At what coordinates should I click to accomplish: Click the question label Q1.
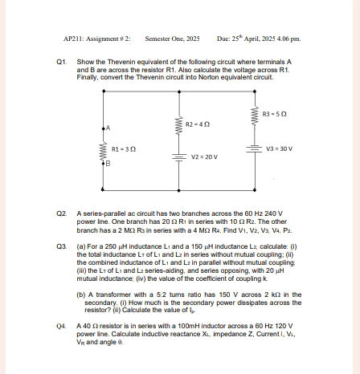pyautogui.click(x=62, y=61)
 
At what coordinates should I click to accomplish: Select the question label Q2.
pyautogui.click(x=62, y=206)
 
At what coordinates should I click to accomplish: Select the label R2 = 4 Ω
pyautogui.click(x=197, y=125)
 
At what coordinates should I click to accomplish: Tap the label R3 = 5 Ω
pyautogui.click(x=275, y=115)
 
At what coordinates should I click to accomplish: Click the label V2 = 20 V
pyautogui.click(x=204, y=157)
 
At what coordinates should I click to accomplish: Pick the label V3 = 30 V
pyautogui.click(x=279, y=149)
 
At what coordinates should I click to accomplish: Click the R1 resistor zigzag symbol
pyautogui.click(x=103, y=150)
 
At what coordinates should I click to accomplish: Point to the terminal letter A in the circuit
pyautogui.click(x=107, y=128)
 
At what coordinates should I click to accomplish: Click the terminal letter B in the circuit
pyautogui.click(x=108, y=163)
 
